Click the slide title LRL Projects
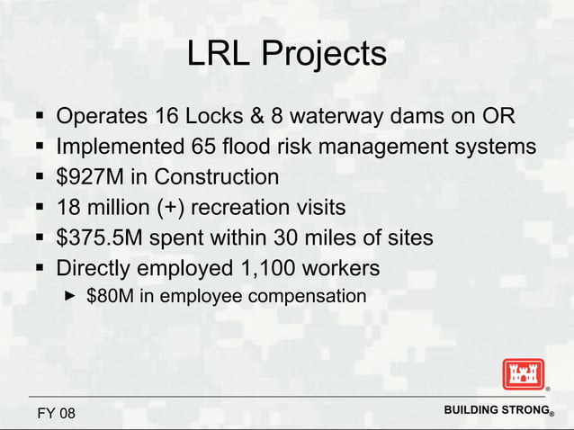pyautogui.click(x=286, y=55)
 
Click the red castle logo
pyautogui.click(x=523, y=373)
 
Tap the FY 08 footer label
pyautogui.click(x=57, y=413)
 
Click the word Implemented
pyautogui.click(x=120, y=147)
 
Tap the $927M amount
pyautogui.click(x=93, y=177)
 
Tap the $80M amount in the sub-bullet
pyautogui.click(x=109, y=296)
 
